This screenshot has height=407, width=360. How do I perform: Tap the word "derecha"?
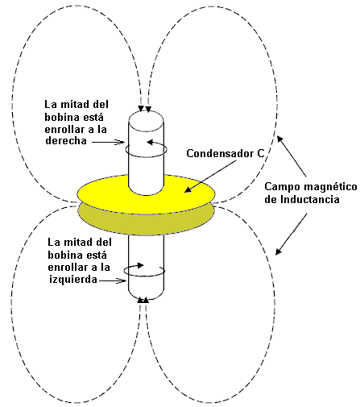[66, 141]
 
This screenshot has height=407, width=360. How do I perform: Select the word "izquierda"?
[73, 279]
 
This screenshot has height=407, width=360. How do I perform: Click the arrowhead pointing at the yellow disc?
[188, 189]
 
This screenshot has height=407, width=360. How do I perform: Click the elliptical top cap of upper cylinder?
[146, 122]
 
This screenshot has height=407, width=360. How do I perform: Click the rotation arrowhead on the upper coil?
[150, 143]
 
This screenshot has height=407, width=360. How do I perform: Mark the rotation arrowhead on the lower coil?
[141, 265]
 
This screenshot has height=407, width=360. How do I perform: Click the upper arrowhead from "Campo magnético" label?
[280, 139]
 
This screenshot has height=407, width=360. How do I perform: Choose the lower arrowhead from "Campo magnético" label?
[279, 251]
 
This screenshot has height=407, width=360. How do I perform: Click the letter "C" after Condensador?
[260, 154]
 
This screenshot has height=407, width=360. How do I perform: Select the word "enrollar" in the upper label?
[67, 129]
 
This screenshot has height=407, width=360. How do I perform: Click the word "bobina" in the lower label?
[66, 255]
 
